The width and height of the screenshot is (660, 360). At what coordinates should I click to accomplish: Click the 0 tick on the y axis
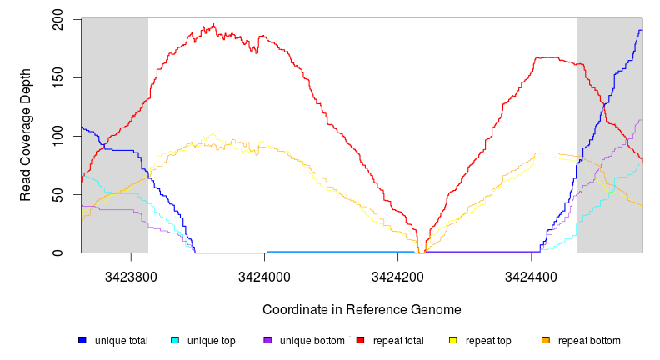[57, 252]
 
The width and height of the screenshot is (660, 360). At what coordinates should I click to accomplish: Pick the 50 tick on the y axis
[57, 194]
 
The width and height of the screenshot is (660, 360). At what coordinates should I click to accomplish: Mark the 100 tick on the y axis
[57, 136]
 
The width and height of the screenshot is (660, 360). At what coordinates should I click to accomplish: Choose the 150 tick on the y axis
[57, 77]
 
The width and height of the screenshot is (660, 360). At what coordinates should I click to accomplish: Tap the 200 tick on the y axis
[57, 19]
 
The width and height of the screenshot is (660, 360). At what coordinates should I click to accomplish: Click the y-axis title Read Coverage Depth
[26, 135]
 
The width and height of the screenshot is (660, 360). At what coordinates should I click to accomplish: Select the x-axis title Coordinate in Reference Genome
[362, 309]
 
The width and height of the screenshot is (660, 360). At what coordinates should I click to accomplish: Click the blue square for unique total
[82, 341]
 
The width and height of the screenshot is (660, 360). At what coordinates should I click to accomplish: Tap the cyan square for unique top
[174, 341]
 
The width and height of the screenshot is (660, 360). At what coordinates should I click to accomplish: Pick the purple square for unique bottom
[267, 341]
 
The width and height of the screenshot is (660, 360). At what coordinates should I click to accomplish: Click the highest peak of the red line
[214, 24]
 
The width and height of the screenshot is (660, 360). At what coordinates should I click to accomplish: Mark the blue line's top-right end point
[641, 31]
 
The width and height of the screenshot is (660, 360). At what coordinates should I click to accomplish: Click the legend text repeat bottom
[589, 341]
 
